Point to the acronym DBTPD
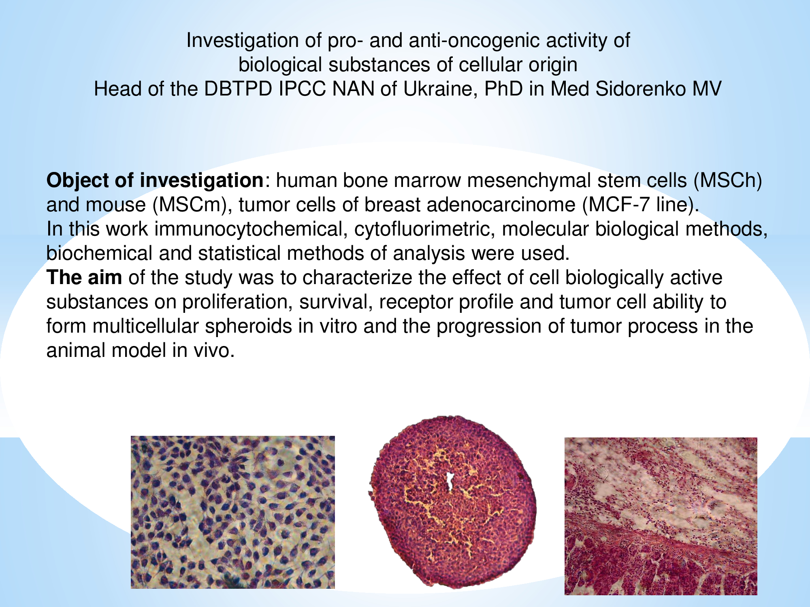238,89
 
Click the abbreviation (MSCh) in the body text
728,180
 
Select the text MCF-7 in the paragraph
616,205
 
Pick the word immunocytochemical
248,229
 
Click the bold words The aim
84,278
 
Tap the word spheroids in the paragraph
248,326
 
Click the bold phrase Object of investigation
155,180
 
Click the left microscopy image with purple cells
233,512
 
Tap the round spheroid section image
453,502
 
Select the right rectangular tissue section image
661,516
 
